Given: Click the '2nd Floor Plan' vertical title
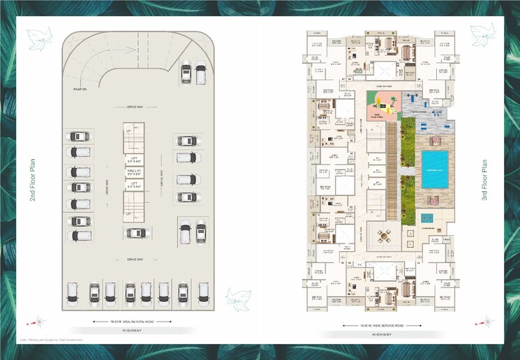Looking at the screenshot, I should click(32, 179).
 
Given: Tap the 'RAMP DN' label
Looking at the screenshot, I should click(80, 89).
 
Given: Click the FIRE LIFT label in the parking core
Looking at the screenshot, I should click(133, 170).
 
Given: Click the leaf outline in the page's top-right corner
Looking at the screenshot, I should click(482, 34).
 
